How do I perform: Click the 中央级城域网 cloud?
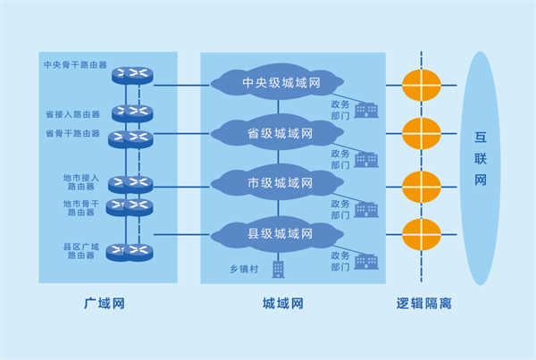pyautogui.click(x=277, y=82)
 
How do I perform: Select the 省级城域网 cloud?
pyautogui.click(x=277, y=132)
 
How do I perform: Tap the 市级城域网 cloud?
pyautogui.click(x=277, y=182)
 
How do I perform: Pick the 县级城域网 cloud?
pyautogui.click(x=277, y=233)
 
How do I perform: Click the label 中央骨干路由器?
pyautogui.click(x=76, y=64)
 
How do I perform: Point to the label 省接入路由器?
pyautogui.click(x=73, y=114)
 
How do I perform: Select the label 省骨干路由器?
pyautogui.click(x=73, y=133)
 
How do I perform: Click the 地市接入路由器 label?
pyautogui.click(x=81, y=182)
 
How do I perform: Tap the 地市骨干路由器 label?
pyautogui.click(x=81, y=208)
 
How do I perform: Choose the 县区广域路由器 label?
pyautogui.click(x=81, y=251)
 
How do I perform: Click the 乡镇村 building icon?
pyautogui.click(x=278, y=270)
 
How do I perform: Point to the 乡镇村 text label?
pyautogui.click(x=244, y=269)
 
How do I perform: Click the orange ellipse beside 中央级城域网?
pyautogui.click(x=421, y=85)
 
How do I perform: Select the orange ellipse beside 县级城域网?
pyautogui.click(x=421, y=235)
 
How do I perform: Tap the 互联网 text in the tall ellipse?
pyautogui.click(x=481, y=158)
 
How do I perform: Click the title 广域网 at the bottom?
pyautogui.click(x=105, y=303)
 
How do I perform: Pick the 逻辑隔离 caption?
pyautogui.click(x=423, y=303)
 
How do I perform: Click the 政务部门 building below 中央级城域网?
pyautogui.click(x=366, y=110)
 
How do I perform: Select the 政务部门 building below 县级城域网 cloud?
pyautogui.click(x=366, y=262)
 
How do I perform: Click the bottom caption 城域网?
pyautogui.click(x=283, y=303)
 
